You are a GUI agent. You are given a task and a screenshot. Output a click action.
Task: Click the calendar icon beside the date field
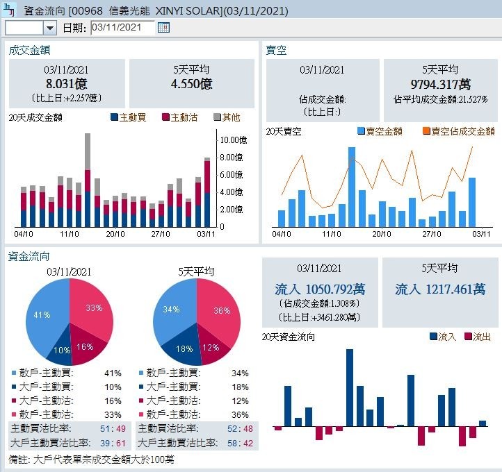[x=163, y=28]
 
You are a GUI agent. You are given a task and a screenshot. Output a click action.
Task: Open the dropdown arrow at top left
[x=49, y=28]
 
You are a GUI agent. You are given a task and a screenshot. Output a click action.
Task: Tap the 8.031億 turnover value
[x=67, y=84]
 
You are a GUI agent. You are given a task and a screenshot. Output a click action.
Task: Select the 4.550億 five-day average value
[x=191, y=84]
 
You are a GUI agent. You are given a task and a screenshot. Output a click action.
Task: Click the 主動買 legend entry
[x=128, y=117]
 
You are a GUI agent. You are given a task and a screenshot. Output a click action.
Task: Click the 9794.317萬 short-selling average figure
[x=440, y=84]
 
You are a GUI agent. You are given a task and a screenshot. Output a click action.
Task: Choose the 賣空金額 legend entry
[x=380, y=131]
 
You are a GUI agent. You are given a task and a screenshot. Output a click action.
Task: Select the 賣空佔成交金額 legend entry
[x=458, y=131]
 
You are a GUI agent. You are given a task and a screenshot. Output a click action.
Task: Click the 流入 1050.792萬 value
[x=320, y=289]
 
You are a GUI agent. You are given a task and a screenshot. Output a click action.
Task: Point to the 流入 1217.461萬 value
[x=440, y=289]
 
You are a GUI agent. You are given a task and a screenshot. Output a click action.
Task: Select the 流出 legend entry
[x=477, y=337]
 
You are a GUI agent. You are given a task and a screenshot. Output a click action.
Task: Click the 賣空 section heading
[x=276, y=50]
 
